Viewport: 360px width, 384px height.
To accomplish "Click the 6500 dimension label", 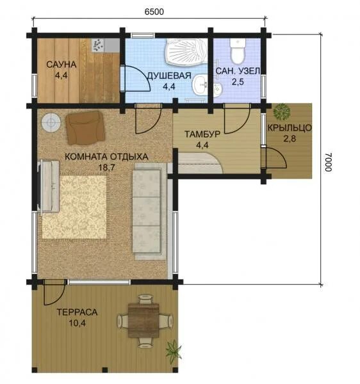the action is [x=154, y=12].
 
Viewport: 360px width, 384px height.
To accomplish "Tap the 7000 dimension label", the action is [x=329, y=162].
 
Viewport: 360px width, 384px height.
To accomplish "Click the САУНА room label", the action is [x=61, y=65].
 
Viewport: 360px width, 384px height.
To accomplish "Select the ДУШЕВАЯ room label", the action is [x=169, y=76].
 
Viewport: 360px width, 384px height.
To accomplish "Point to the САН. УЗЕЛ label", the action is [x=238, y=71].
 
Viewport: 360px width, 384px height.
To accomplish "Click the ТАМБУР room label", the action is [x=202, y=134].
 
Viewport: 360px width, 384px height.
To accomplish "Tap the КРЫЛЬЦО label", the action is [x=290, y=128].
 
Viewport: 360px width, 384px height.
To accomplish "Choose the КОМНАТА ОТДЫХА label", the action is [x=106, y=157].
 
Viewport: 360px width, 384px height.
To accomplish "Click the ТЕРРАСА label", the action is [x=78, y=312].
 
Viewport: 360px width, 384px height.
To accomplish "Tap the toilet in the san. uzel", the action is [x=238, y=51].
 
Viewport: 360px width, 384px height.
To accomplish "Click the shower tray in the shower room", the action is [x=186, y=52].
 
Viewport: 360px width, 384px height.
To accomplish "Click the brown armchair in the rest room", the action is [x=85, y=127].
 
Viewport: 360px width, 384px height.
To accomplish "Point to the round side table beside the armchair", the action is [x=51, y=122].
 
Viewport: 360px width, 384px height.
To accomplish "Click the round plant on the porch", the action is [x=282, y=111].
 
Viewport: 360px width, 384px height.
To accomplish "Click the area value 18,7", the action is [x=106, y=168].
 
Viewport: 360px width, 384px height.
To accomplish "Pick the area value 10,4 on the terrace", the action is [x=77, y=323].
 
